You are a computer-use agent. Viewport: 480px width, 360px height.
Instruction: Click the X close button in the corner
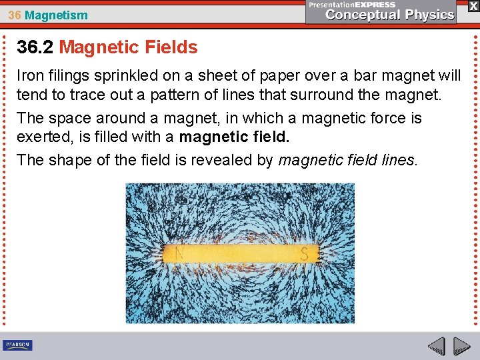click(473, 5)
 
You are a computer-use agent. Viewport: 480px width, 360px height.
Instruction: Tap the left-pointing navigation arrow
click(437, 347)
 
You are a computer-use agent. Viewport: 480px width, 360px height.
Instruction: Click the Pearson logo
click(17, 345)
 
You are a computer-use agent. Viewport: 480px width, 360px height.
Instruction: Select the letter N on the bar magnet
click(179, 253)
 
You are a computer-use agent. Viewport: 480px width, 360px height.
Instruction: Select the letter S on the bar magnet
click(305, 254)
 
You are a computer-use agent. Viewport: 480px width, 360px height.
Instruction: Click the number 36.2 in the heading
click(35, 47)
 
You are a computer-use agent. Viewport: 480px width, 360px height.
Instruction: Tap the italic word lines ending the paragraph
click(394, 160)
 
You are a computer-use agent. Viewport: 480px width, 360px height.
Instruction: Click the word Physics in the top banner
click(429, 15)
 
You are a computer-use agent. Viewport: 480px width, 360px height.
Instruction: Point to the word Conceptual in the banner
click(361, 15)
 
